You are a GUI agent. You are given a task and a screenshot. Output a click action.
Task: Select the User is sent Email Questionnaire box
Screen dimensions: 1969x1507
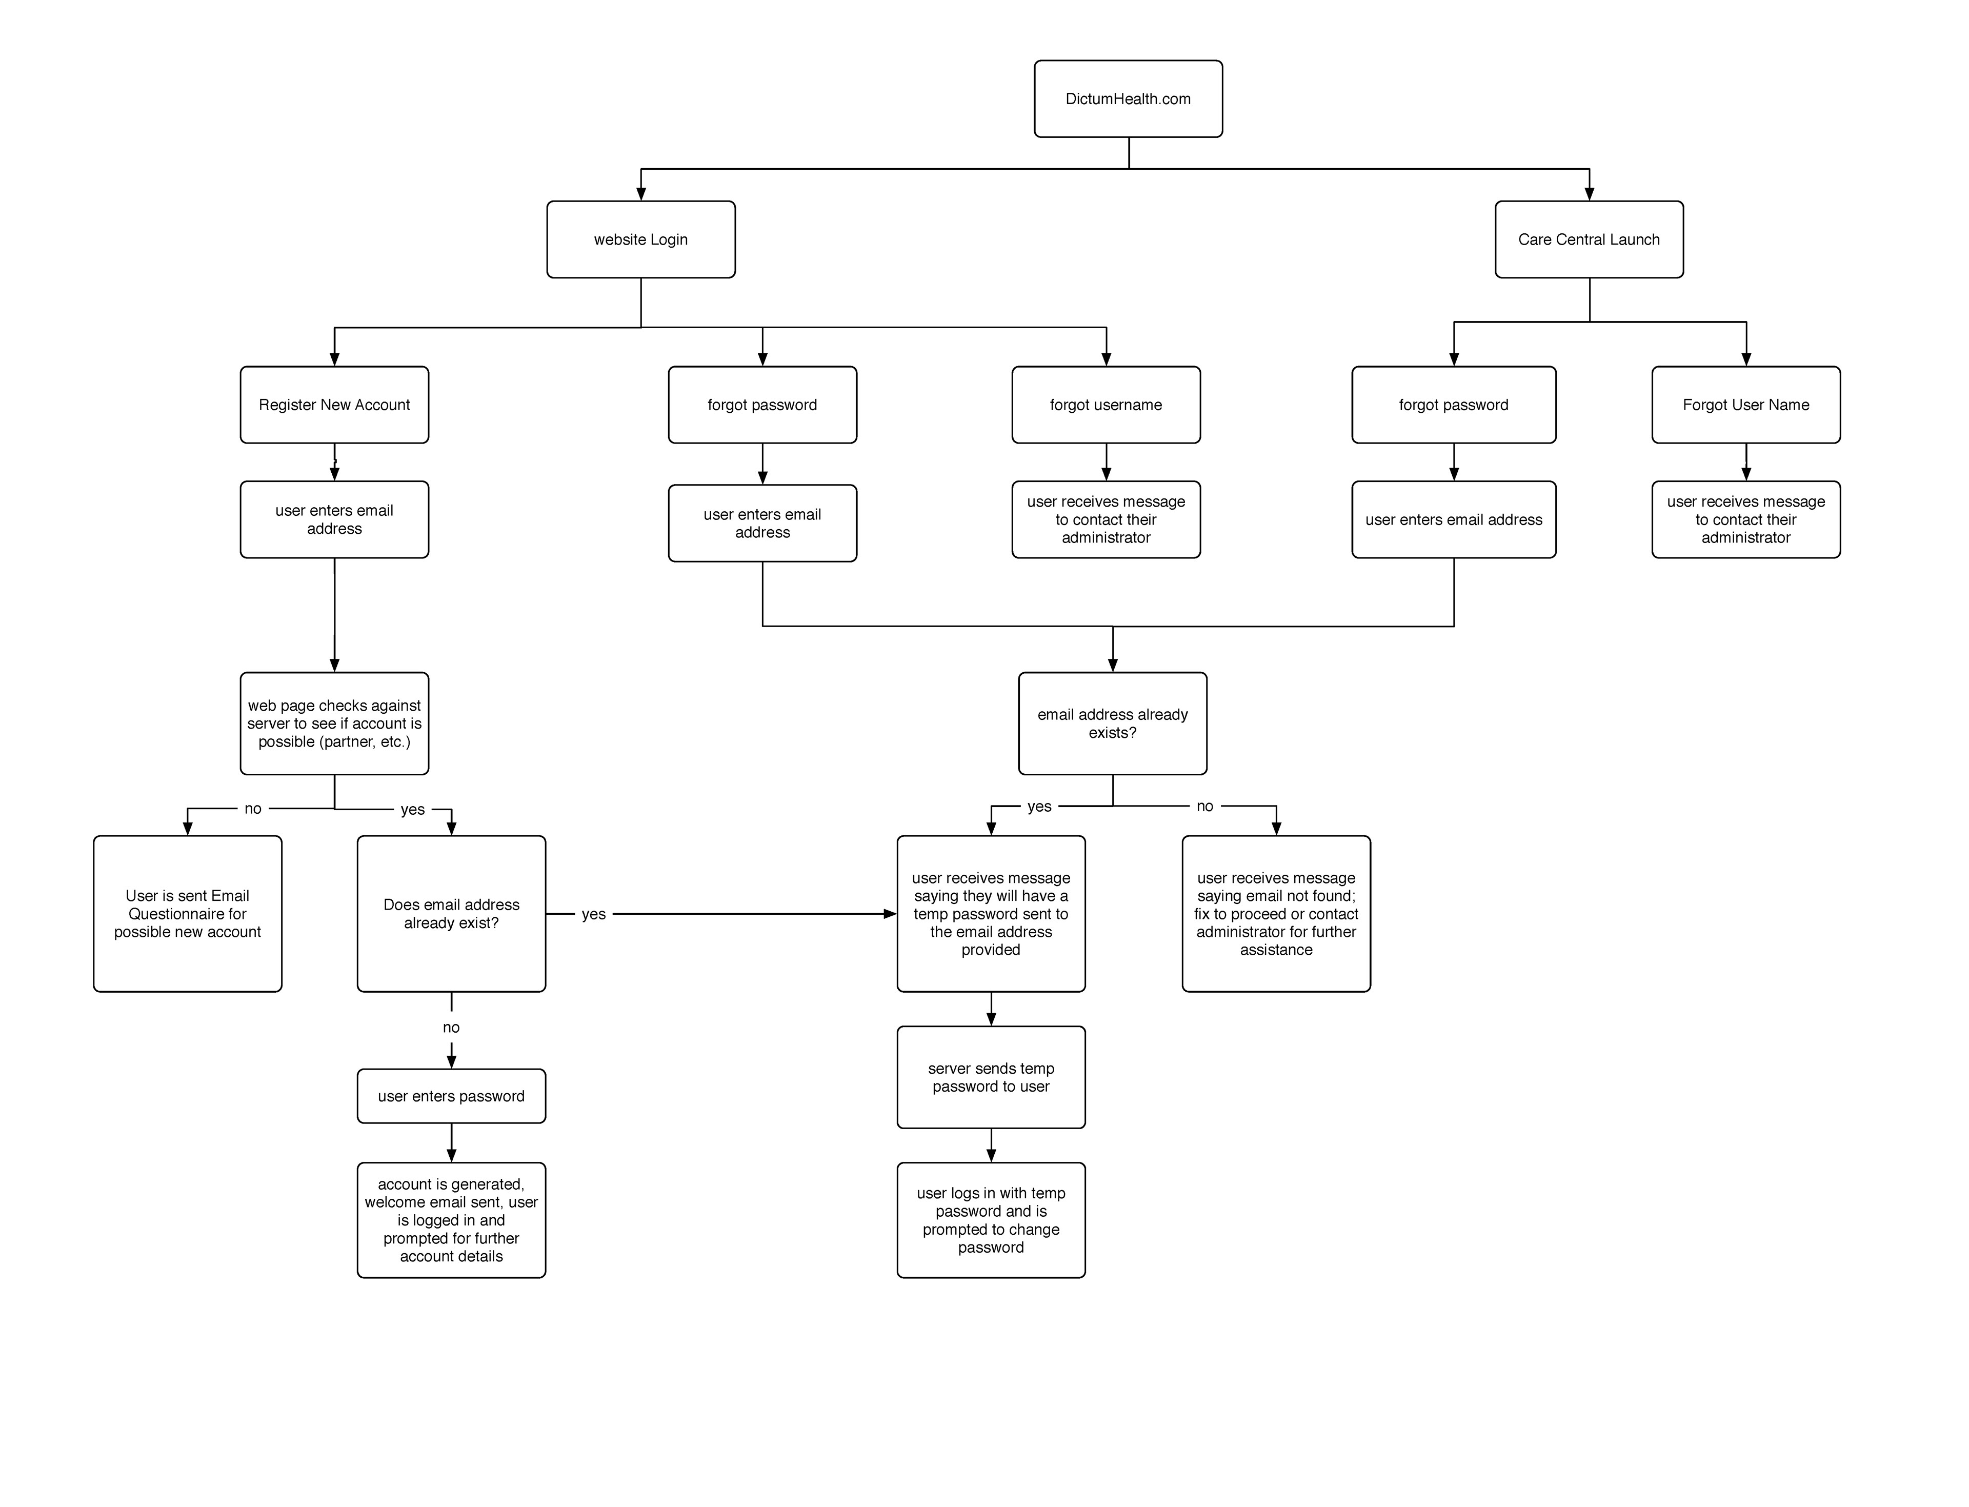coord(188,913)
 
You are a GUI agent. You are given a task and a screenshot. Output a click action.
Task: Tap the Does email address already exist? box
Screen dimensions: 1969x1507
coord(451,913)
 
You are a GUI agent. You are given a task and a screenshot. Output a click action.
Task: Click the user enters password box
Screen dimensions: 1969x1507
coord(451,1095)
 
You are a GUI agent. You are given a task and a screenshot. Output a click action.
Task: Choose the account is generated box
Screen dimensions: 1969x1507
coord(451,1220)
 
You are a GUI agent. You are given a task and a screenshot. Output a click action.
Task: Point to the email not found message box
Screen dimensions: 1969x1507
coord(1276,913)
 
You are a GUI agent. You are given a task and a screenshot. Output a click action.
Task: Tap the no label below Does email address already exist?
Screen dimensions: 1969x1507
coord(451,1027)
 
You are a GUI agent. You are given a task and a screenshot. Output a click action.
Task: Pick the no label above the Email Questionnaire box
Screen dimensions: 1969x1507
coord(253,808)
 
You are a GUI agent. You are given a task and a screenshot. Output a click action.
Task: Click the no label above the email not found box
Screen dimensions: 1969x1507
coord(1204,806)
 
